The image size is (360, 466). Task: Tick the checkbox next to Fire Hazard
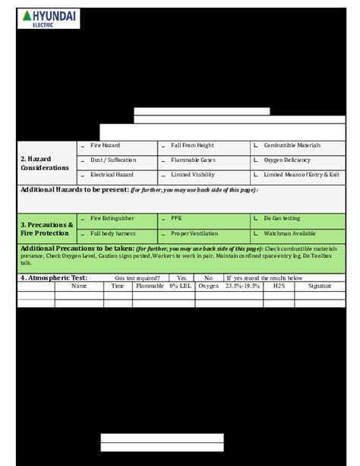pos(83,146)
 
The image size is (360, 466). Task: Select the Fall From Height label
pos(192,145)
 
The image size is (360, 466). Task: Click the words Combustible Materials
pos(292,145)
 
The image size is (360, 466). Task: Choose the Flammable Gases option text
pos(193,160)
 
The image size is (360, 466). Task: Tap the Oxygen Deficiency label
pos(287,160)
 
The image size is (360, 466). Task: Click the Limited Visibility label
pos(193,175)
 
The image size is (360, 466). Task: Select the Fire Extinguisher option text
pos(112,218)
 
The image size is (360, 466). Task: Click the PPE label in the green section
pos(176,218)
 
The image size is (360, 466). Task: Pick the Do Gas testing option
pos(282,218)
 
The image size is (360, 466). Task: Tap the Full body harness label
pos(113,233)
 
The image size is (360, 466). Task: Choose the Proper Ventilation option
pos(194,233)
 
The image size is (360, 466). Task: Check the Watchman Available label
pos(289,233)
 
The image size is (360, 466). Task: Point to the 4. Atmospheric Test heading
pos(54,278)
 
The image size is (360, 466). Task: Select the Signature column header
pos(320,287)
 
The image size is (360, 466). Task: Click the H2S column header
pos(278,287)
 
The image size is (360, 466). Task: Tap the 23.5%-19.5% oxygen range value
pos(242,287)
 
